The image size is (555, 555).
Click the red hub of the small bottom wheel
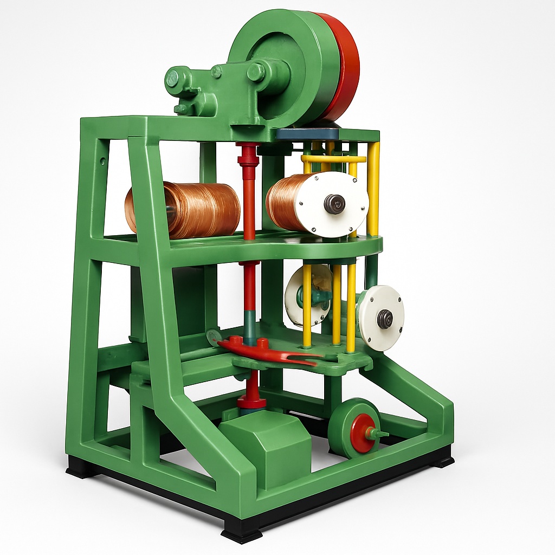click(361, 433)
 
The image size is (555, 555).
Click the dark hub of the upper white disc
click(334, 204)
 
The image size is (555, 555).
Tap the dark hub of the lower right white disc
click(385, 319)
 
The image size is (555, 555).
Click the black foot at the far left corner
click(81, 467)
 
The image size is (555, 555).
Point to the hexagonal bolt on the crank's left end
click(173, 79)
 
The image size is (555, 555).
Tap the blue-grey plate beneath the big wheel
click(307, 134)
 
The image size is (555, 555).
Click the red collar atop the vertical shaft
click(248, 154)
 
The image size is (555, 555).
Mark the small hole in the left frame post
click(102, 161)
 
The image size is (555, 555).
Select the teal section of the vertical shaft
click(249, 325)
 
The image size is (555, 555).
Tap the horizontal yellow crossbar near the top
click(333, 159)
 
